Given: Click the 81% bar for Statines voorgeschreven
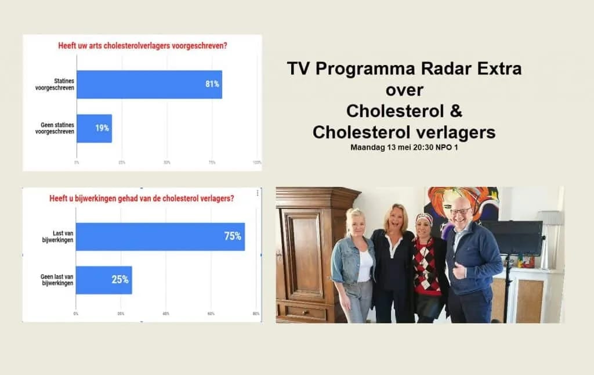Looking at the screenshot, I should (149, 84).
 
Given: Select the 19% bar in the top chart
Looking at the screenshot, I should (94, 128).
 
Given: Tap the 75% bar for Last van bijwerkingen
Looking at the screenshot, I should (160, 236).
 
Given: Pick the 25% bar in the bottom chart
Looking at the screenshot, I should (104, 280).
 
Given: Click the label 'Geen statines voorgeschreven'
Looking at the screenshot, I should (57, 128).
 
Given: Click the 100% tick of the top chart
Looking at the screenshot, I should (257, 163).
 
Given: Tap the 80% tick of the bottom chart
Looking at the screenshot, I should (256, 313).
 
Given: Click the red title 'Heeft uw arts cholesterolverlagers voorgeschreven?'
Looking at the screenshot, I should (142, 46).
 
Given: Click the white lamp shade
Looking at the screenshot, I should (549, 217).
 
